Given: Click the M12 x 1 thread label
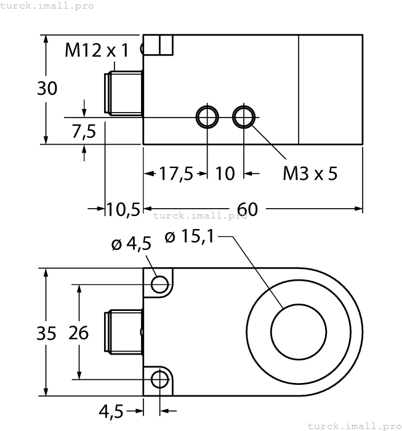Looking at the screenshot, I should coord(97,50).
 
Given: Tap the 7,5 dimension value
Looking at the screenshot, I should coord(84,131).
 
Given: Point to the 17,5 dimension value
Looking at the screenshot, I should coord(176,174).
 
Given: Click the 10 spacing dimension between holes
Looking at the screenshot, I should coord(225,174).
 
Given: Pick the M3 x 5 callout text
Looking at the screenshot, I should coord(310,174).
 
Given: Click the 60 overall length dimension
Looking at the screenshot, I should coord(247,209).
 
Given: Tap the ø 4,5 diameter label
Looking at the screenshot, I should coord(131,244).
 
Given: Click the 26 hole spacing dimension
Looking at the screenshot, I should coord(78,333).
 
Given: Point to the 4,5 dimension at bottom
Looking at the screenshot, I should coord(112,410).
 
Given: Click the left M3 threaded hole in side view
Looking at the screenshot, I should coord(207,116).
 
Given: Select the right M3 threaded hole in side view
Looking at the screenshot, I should coord(244,116).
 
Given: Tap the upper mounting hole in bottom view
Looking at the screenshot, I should coord(160,284).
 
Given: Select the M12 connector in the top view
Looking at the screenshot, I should coord(124,92).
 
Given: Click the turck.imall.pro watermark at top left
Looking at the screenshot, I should coord(47,6).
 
